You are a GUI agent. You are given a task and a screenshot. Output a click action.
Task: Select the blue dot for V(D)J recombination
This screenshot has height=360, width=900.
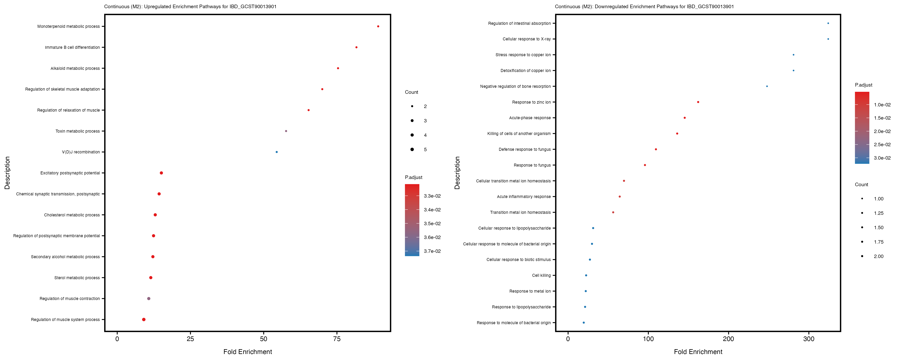point(277,152)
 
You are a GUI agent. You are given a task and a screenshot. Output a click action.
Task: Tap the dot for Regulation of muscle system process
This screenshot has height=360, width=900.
point(144,319)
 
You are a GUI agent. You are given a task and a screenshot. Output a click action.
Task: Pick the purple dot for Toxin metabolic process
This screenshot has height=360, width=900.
point(286,131)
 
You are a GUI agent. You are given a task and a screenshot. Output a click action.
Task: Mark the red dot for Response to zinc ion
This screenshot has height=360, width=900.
point(698,102)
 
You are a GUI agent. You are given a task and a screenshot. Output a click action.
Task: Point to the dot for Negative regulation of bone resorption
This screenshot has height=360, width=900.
point(767,86)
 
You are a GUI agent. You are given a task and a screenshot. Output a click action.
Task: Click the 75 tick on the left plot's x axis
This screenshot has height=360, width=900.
point(337,339)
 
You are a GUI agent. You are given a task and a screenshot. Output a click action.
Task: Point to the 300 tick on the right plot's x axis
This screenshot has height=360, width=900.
point(809,339)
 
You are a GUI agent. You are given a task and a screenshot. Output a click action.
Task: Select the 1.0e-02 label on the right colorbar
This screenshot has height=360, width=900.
point(882,105)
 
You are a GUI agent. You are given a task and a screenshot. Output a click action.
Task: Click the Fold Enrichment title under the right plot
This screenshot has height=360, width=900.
point(698,352)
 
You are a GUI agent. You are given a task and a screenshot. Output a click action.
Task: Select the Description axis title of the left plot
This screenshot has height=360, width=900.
point(7,173)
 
